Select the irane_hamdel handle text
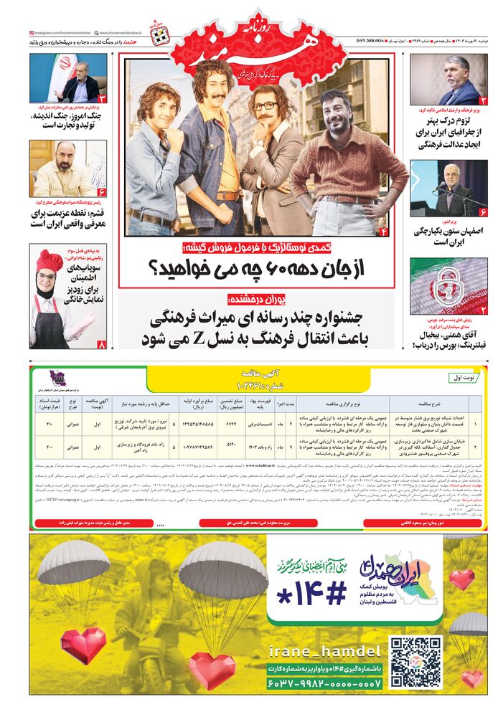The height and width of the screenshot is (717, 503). click(x=324, y=651)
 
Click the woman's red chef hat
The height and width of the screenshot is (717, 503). click(x=49, y=260)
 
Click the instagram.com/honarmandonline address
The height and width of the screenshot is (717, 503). click(x=60, y=33)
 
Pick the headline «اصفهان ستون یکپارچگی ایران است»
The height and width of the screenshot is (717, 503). click(x=439, y=237)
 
